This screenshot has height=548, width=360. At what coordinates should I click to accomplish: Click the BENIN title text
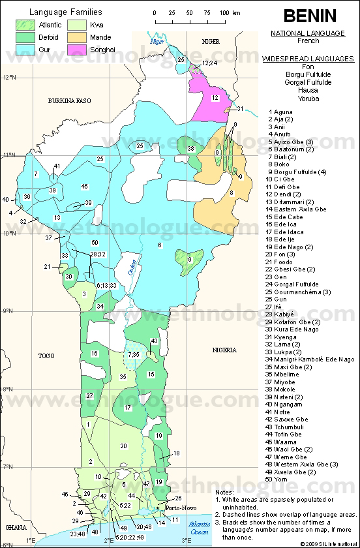coord(309,16)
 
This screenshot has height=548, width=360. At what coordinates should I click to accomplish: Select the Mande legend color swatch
coord(86,38)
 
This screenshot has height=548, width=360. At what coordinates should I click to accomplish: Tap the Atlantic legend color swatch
coord(25,25)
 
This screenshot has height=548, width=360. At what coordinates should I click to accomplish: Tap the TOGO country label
coord(46,356)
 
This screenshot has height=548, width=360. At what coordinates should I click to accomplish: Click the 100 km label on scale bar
coord(226,12)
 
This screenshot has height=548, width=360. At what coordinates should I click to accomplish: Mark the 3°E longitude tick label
coord(186,540)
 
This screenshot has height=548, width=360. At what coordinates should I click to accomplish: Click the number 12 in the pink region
coord(215,97)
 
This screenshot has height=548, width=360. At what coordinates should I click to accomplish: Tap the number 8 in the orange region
coord(231,193)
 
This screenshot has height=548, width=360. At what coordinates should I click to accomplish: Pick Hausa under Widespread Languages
coord(308,91)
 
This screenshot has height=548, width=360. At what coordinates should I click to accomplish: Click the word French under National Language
coord(308,41)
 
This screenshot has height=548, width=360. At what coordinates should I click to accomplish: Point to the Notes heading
coord(224,493)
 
